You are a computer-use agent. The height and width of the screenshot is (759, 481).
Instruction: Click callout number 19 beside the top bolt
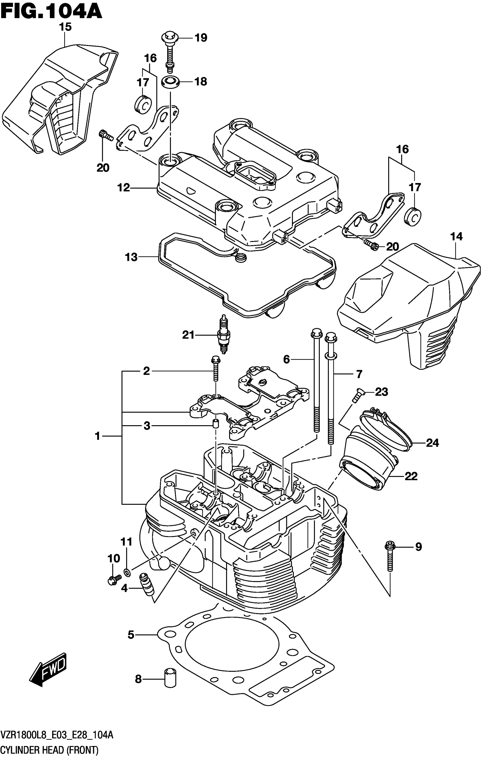tap(201, 38)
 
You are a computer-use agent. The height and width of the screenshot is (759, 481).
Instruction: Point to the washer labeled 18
tap(171, 82)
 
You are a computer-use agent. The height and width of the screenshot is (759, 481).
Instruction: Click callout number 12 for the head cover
tap(124, 188)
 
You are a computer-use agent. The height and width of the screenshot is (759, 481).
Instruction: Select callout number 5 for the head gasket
tap(131, 635)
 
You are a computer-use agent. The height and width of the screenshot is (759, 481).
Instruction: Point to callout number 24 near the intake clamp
tap(432, 443)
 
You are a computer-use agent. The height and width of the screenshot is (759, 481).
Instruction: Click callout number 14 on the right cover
tap(456, 236)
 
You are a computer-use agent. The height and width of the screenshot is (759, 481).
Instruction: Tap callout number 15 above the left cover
tap(65, 27)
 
